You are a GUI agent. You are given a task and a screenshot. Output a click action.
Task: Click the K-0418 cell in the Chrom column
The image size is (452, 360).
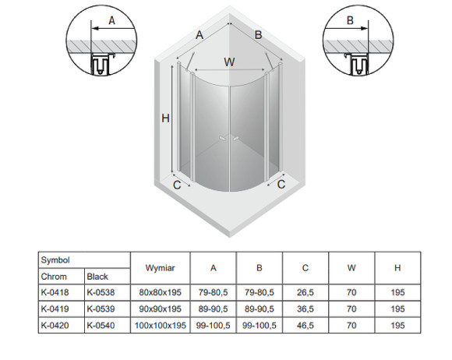click(55, 292)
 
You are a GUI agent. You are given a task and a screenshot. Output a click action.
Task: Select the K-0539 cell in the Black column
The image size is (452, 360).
click(101, 309)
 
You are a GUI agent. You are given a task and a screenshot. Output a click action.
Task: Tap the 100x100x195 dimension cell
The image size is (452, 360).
click(161, 326)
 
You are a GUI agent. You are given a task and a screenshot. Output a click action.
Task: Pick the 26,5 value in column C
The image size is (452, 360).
click(305, 292)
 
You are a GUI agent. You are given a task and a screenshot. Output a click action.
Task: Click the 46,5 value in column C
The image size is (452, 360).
click(305, 326)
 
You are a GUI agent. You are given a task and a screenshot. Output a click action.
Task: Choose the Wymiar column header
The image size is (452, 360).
click(161, 268)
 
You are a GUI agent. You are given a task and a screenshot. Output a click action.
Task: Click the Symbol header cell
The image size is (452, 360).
click(55, 260)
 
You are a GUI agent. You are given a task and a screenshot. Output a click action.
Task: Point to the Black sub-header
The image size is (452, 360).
click(97, 277)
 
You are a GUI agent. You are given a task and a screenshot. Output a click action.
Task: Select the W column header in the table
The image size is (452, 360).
click(351, 268)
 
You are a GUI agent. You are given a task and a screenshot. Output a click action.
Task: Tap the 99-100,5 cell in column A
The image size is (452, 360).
click(213, 326)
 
